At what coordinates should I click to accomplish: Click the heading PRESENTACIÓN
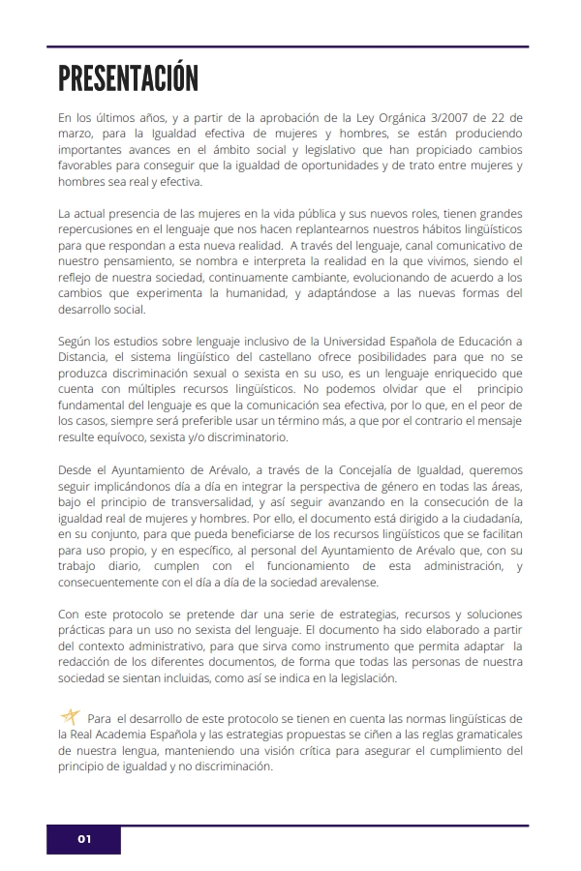(x=128, y=77)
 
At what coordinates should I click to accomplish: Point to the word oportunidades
(x=399, y=165)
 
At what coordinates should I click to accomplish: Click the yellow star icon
(x=70, y=717)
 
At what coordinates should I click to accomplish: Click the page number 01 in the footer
(x=84, y=839)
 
